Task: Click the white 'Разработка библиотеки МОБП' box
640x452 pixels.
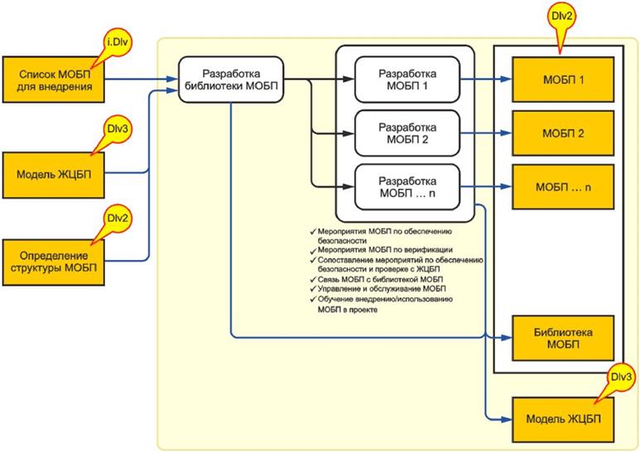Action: (232, 80)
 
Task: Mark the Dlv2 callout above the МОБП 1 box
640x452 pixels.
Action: (565, 17)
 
